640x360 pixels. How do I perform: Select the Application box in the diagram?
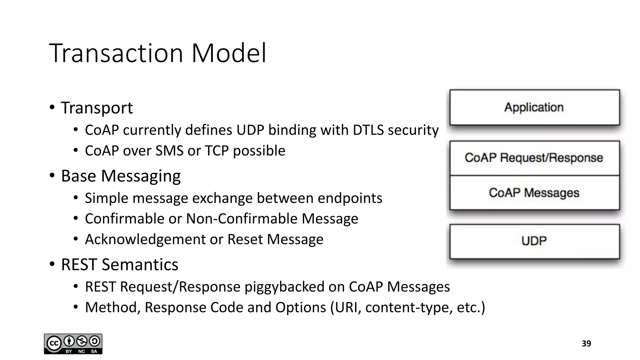point(534,107)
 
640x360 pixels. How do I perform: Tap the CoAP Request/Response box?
point(534,158)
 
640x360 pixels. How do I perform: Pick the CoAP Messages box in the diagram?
point(534,193)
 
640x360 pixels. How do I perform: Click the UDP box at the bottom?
point(534,241)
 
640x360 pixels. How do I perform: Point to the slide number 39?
point(586,344)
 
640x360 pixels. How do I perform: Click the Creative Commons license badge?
point(73,344)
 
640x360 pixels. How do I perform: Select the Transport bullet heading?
point(97,108)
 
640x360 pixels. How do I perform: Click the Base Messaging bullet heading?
point(121,176)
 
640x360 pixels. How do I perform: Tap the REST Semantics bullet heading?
point(119,265)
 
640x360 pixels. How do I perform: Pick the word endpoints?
point(350,198)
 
